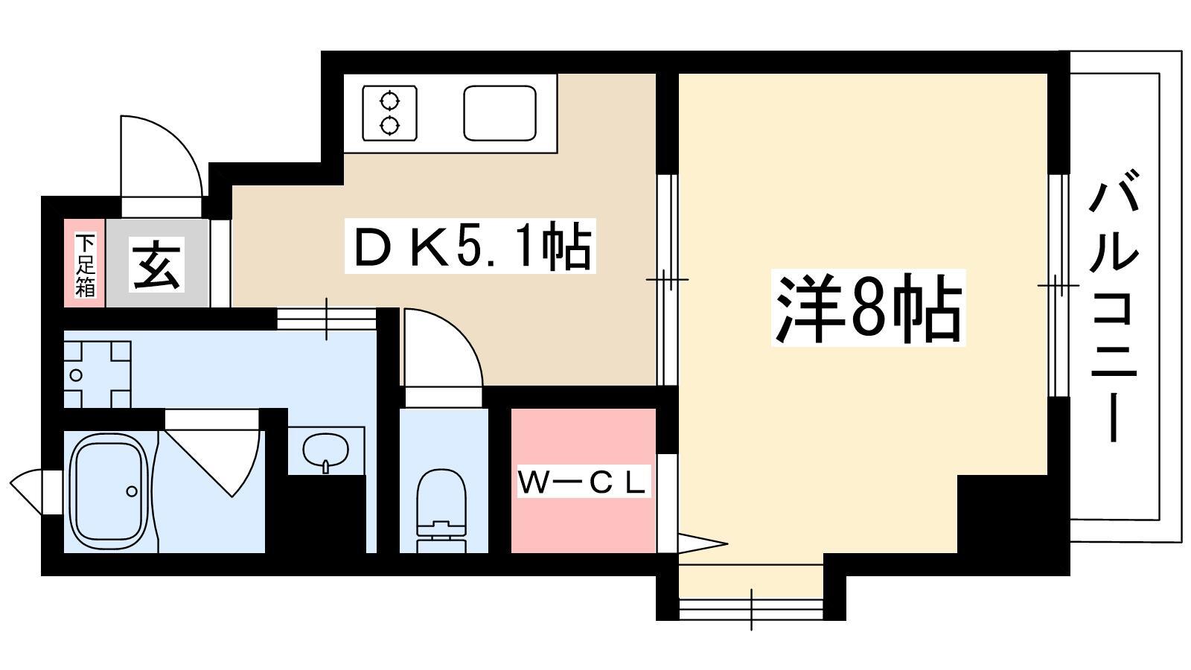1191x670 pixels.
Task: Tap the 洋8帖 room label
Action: coord(868,308)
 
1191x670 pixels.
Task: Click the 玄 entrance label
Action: coord(156,264)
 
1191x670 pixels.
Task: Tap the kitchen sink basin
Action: coord(499,112)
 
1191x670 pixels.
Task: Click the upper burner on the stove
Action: coord(390,100)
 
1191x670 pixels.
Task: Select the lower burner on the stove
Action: coord(390,126)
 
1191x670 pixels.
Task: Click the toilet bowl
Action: coord(441,511)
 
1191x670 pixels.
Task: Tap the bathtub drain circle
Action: coord(132,491)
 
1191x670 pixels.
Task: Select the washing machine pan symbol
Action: coord(98,374)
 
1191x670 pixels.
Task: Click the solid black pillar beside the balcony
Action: coord(1004,514)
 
